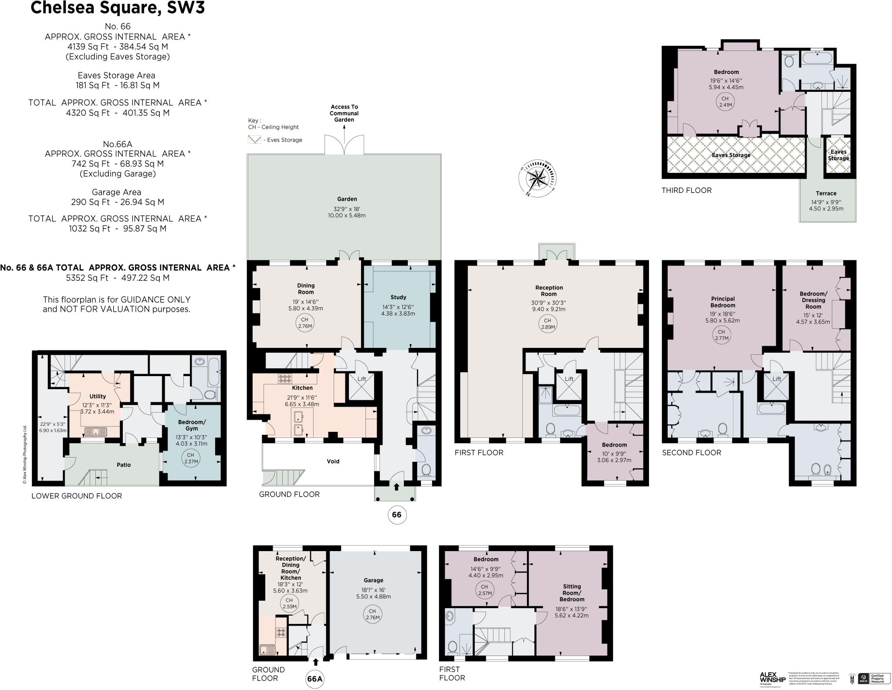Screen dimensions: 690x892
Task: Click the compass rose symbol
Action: point(538,178)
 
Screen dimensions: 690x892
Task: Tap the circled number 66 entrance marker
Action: point(396,515)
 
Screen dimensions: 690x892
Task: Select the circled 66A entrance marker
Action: point(315,679)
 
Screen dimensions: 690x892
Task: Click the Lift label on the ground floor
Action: point(362,379)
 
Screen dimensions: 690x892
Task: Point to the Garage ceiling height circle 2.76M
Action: point(373,614)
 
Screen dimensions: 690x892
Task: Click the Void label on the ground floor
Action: point(333,461)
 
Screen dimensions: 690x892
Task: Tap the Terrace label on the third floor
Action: point(826,193)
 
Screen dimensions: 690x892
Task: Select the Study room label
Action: point(398,297)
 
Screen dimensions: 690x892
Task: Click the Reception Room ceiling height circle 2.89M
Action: point(547,323)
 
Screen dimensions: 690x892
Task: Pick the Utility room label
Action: point(98,396)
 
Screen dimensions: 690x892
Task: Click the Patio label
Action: point(124,464)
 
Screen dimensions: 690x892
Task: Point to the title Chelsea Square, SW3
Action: point(118,8)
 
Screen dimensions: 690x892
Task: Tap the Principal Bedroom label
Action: point(723,302)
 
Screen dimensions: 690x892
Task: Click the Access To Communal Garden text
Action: point(344,113)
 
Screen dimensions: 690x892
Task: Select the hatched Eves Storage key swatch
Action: point(254,140)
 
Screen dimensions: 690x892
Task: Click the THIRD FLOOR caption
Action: point(686,190)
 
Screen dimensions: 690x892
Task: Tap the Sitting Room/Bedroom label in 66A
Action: point(571,592)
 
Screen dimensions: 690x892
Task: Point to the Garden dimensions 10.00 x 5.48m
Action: point(347,215)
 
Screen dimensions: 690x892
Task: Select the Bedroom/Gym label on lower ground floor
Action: point(192,425)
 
